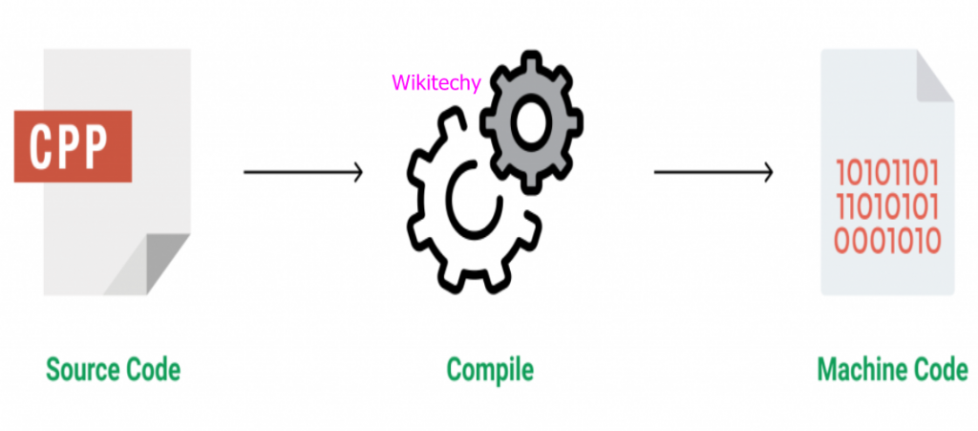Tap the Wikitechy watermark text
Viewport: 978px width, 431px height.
[x=436, y=83]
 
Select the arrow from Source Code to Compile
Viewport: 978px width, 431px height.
[x=303, y=172]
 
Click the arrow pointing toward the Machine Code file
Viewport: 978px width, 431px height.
[x=712, y=172]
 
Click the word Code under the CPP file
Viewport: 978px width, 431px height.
[x=152, y=368]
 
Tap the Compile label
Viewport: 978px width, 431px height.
[x=489, y=368]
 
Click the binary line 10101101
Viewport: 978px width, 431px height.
[x=887, y=174]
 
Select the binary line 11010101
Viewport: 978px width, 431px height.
[x=887, y=206]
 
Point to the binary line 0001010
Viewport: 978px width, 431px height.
[x=887, y=239]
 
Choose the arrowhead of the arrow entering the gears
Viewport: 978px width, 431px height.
[x=356, y=172]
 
